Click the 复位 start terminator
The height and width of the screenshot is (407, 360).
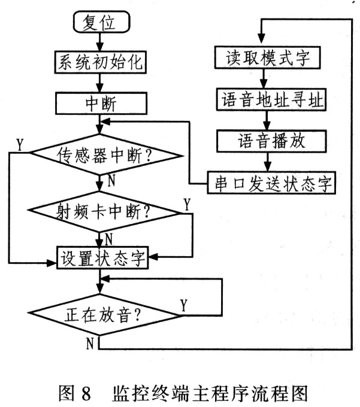click(x=101, y=22)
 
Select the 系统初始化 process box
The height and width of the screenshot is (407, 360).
click(x=100, y=62)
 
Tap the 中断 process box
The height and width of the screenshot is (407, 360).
click(x=101, y=104)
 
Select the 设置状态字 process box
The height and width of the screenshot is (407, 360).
click(x=102, y=257)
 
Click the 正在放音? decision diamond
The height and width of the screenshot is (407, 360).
click(x=104, y=315)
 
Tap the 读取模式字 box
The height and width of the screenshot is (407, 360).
click(x=267, y=57)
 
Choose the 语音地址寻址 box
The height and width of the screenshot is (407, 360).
click(x=271, y=100)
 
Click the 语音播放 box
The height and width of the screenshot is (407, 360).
click(x=271, y=141)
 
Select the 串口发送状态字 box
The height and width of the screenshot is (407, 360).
click(x=271, y=183)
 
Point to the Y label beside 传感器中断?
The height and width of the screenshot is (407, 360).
click(x=20, y=144)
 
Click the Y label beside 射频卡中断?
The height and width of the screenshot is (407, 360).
click(x=187, y=204)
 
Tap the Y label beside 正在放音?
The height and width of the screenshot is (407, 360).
click(x=184, y=305)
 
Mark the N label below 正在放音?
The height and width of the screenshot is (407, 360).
click(x=90, y=343)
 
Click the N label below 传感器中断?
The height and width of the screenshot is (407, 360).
click(x=111, y=180)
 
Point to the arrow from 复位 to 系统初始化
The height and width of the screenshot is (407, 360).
click(x=100, y=42)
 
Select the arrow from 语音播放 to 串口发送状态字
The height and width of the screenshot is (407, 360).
click(x=268, y=162)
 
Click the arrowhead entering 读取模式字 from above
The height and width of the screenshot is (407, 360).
click(x=262, y=39)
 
